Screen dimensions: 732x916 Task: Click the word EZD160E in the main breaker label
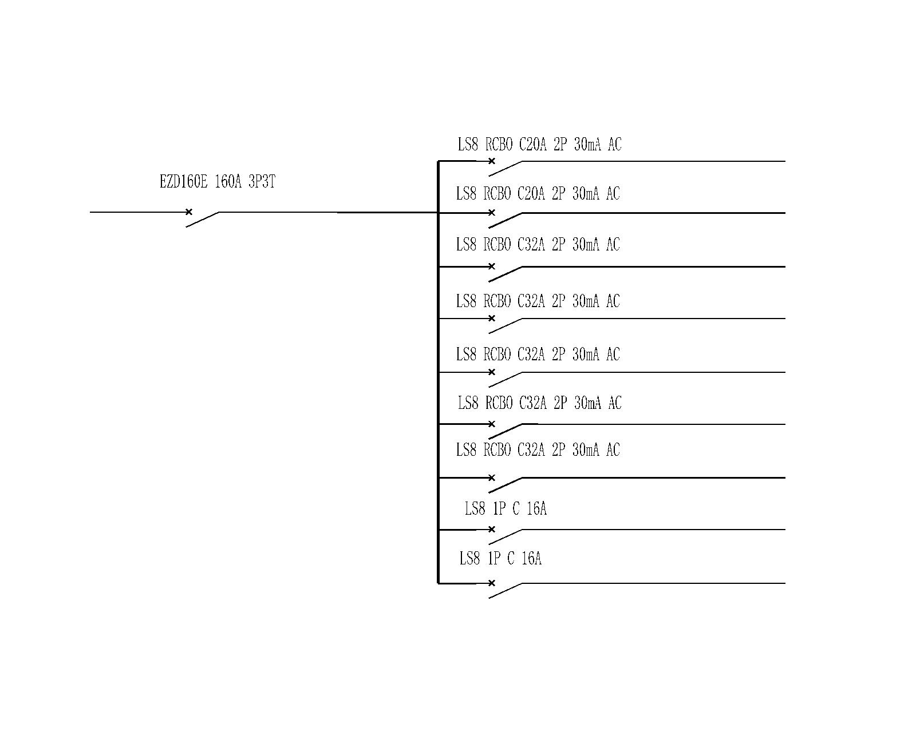(183, 182)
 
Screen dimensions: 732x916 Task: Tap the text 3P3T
(262, 182)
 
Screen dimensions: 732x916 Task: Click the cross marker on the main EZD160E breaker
(189, 212)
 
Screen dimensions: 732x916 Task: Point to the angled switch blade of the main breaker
(203, 220)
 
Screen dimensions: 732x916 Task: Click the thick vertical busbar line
(438, 372)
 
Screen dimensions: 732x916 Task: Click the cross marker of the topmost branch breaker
(491, 161)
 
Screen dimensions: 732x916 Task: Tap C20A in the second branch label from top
(531, 194)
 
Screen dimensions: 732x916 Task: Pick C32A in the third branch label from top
(531, 245)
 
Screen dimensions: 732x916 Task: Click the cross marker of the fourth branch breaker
(491, 319)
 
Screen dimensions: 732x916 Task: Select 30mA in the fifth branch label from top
(586, 355)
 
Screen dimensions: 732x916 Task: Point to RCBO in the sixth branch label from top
(499, 403)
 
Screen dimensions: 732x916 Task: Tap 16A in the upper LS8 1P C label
(536, 508)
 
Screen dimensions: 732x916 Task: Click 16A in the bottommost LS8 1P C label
(531, 558)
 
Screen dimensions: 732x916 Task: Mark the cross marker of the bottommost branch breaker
(491, 583)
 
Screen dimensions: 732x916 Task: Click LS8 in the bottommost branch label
(469, 558)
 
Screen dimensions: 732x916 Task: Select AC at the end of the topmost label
(615, 145)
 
